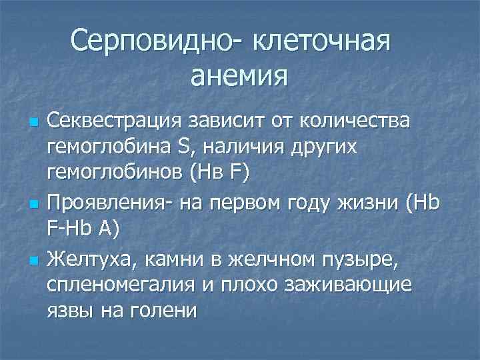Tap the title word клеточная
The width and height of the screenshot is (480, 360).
(x=320, y=43)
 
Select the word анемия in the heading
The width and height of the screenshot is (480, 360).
(x=239, y=76)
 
